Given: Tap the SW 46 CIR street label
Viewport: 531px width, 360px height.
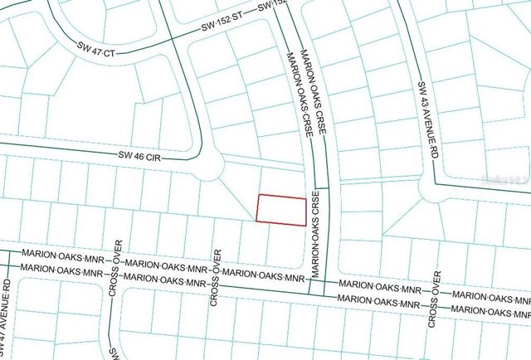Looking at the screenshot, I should (x=139, y=154).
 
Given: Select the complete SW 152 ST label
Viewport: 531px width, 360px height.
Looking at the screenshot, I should (x=225, y=27).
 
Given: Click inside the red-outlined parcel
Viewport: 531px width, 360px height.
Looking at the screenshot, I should (x=280, y=209).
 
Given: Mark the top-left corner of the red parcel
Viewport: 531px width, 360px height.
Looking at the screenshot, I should (x=260, y=196).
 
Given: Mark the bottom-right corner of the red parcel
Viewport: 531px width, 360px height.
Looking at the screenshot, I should (x=302, y=223).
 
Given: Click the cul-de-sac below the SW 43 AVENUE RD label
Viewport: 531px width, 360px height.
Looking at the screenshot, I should (x=431, y=193).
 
